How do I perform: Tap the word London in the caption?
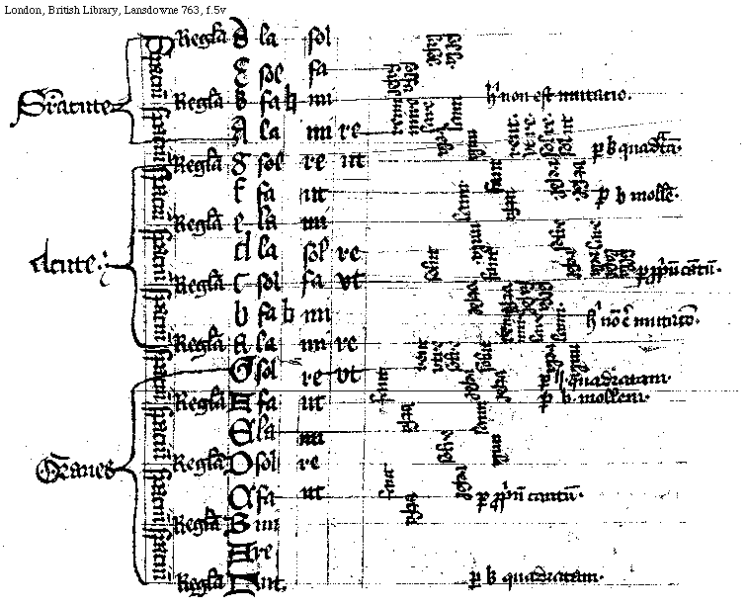point(21,9)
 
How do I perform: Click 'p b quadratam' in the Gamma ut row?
point(534,575)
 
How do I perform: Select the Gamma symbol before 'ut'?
point(239,582)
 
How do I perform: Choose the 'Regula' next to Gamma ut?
point(202,581)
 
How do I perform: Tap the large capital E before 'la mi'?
point(242,433)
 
